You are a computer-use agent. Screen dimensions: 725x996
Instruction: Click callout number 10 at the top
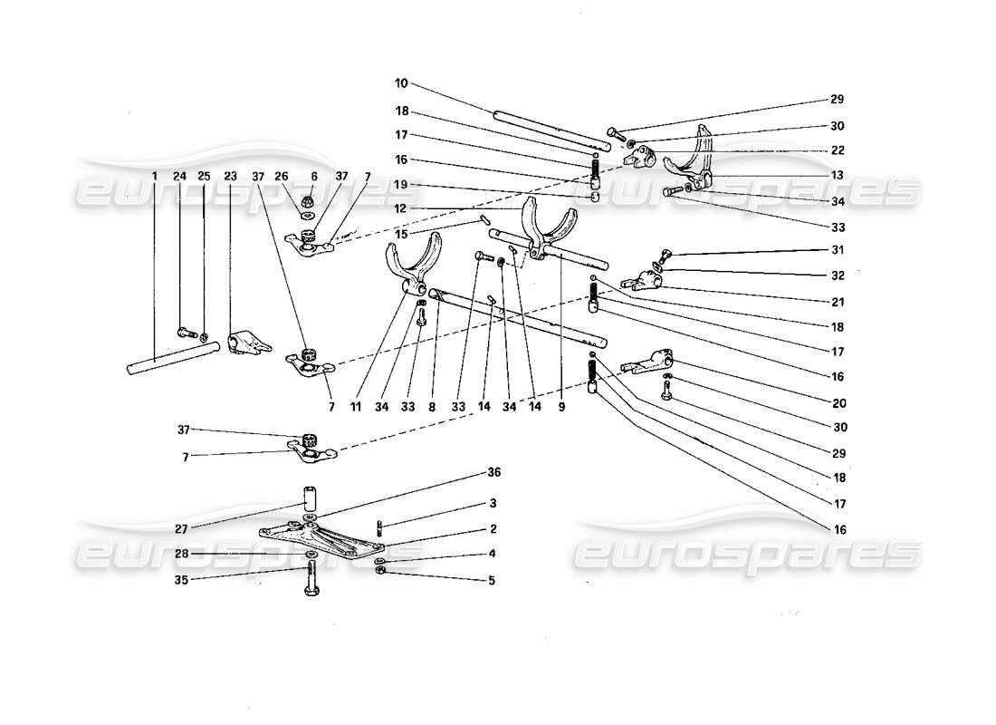pos(400,83)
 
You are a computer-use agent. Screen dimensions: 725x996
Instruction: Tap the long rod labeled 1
pos(172,356)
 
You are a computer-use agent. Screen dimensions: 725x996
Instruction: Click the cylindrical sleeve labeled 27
pos(311,498)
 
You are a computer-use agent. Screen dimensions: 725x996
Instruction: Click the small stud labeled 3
pos(380,526)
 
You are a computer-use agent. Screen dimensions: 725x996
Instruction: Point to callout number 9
pos(562,408)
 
